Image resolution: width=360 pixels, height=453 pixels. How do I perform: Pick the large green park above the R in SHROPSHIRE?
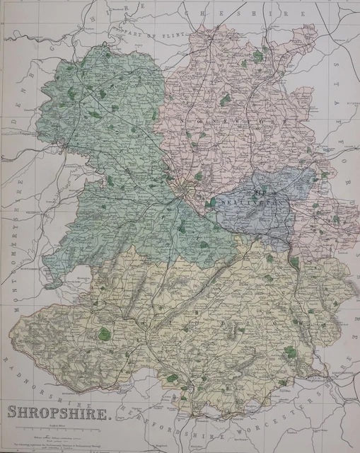tap(104, 333)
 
